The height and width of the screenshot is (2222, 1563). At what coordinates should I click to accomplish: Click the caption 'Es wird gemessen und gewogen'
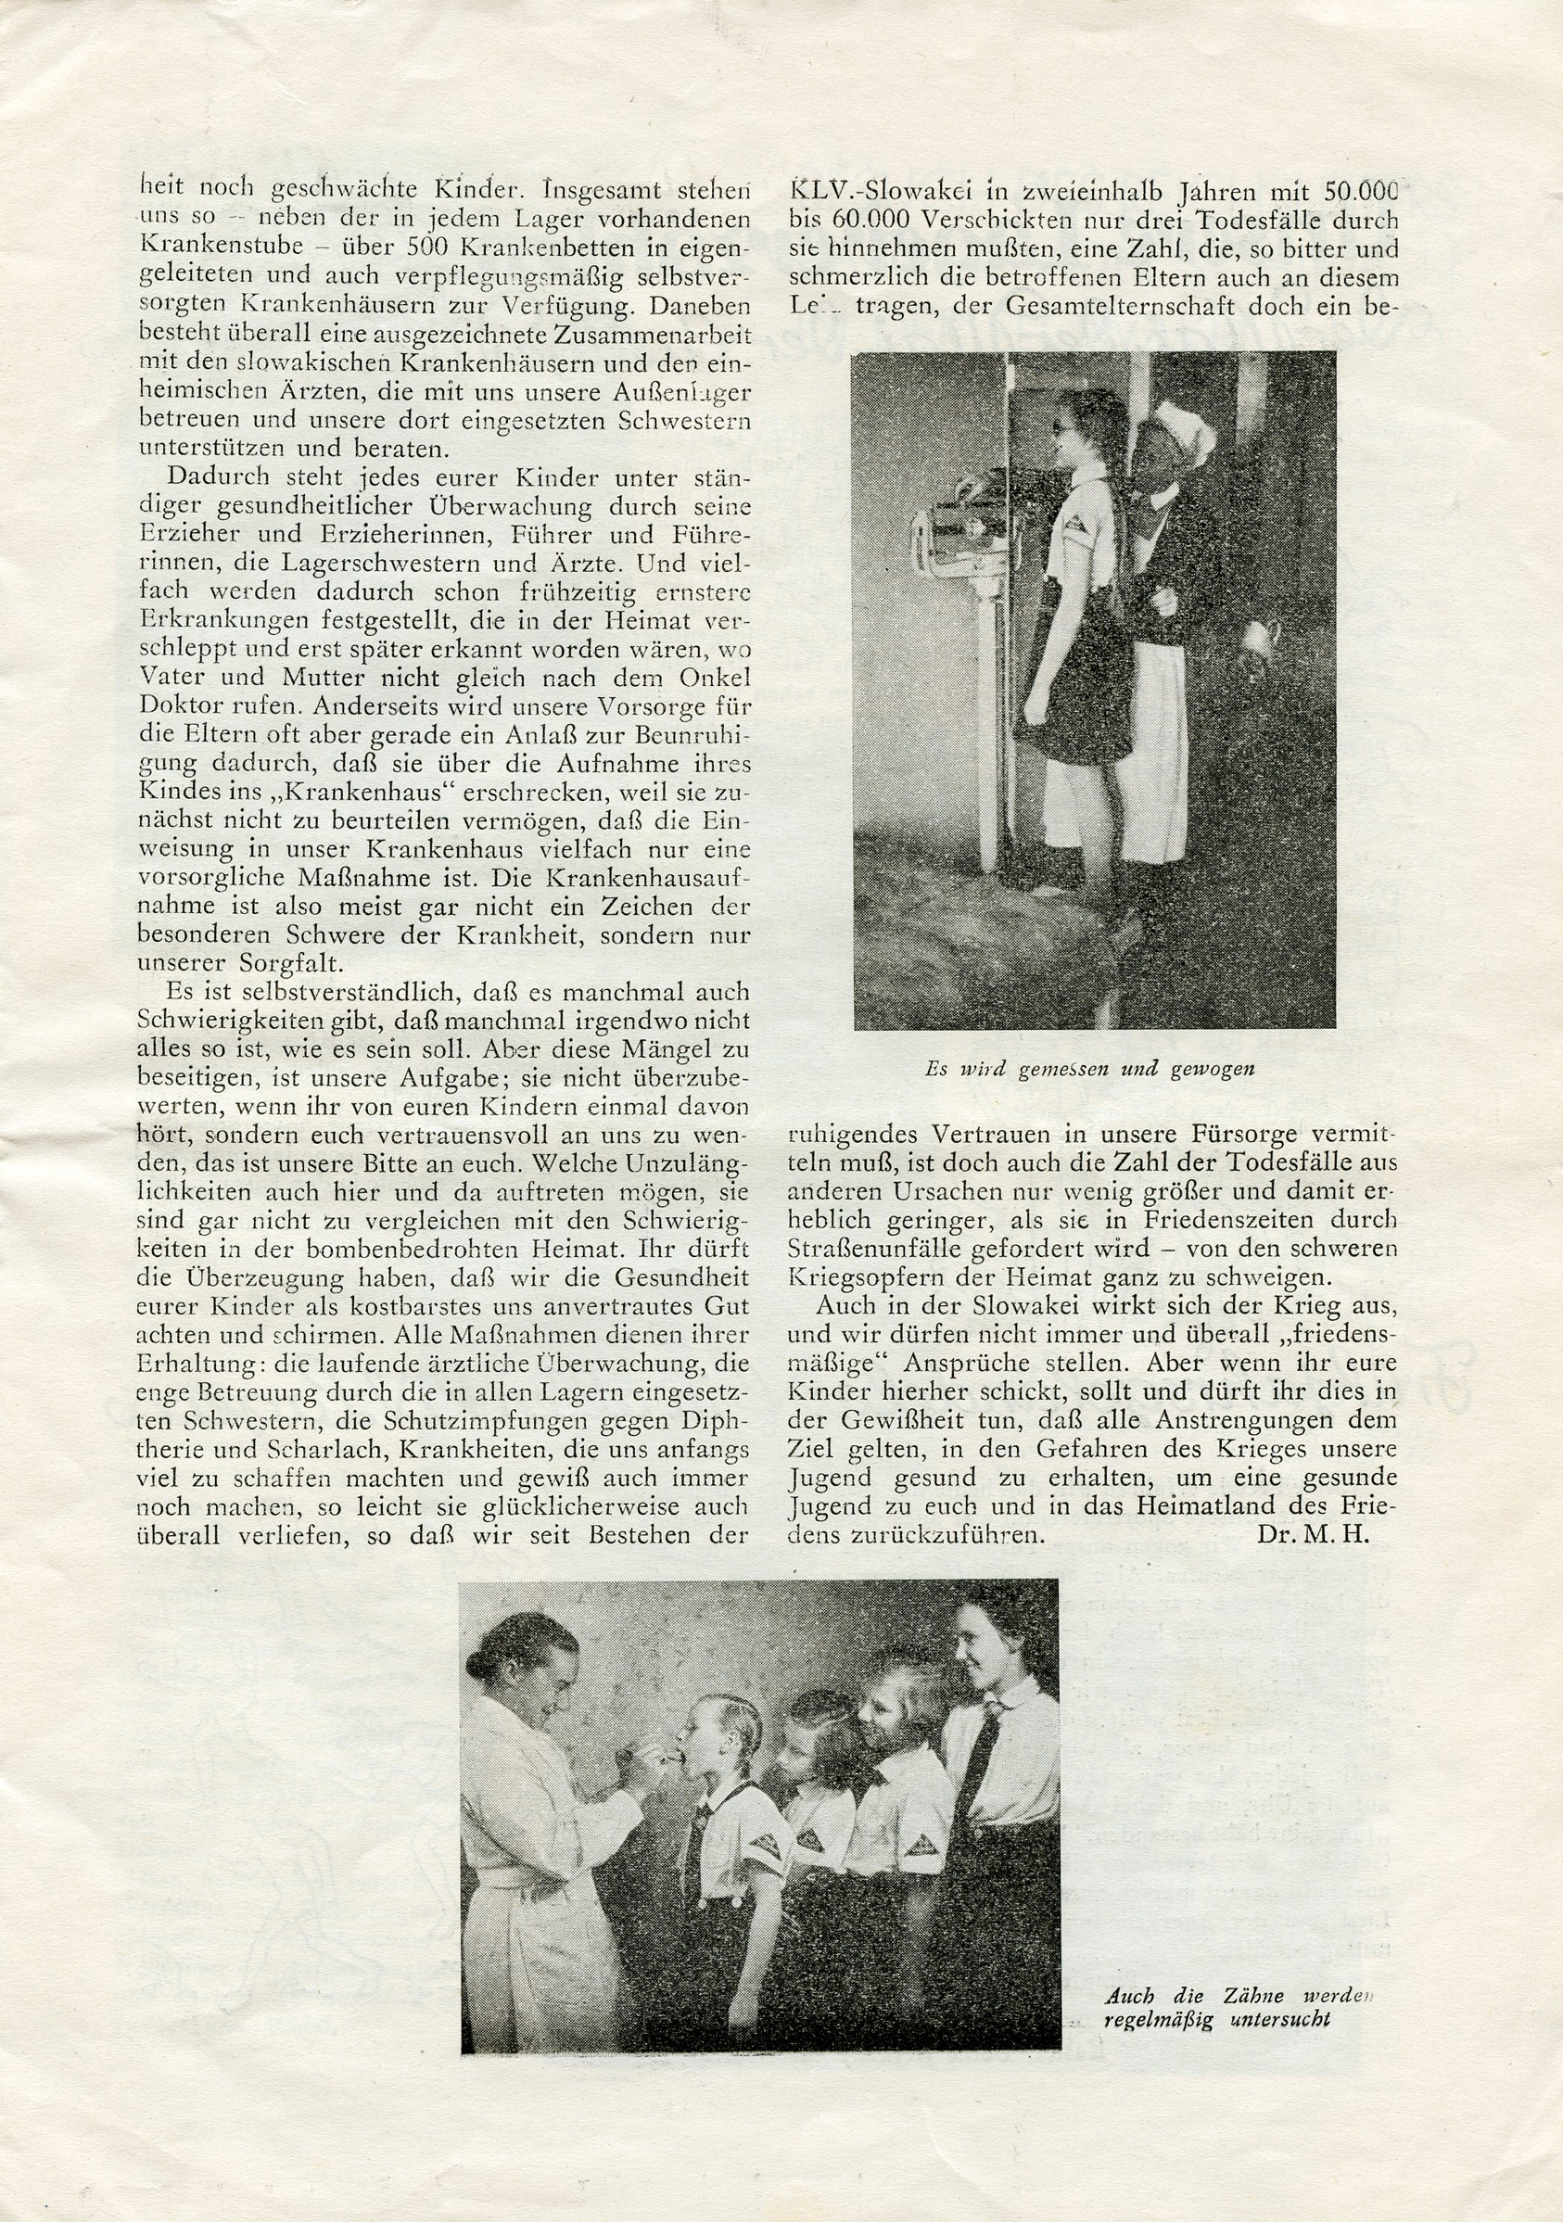click(x=1090, y=1070)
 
